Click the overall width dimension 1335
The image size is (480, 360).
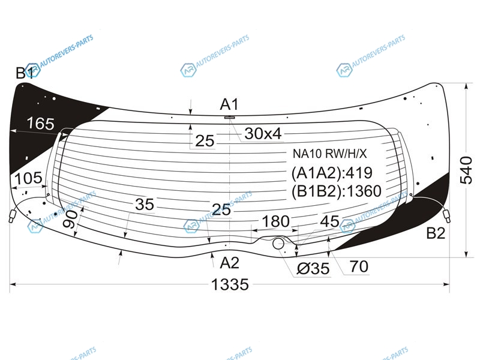230,284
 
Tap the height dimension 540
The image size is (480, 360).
466,170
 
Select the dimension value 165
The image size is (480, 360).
40,124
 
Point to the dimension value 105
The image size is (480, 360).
28,178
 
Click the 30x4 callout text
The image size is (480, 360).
263,134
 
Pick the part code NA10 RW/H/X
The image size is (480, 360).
329,154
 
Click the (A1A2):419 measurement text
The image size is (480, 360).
332,173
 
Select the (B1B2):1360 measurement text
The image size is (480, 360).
336,191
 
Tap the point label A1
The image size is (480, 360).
229,104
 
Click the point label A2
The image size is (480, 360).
229,263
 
